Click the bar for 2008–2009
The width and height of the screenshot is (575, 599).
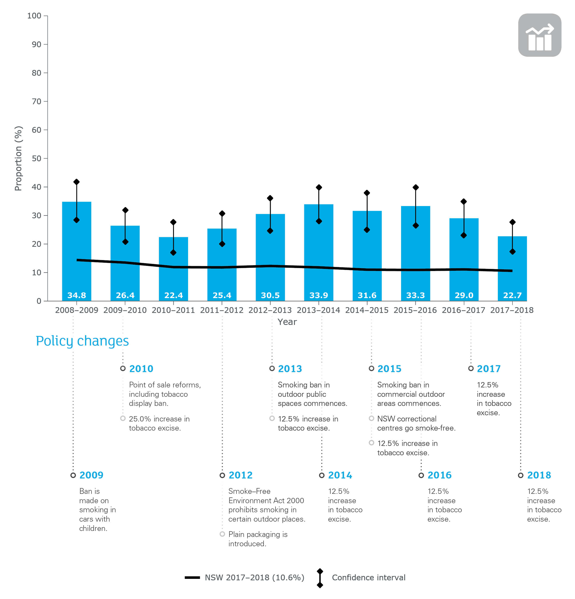click(76, 244)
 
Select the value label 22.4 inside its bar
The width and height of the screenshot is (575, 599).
click(173, 295)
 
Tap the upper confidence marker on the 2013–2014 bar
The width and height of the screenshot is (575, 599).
click(319, 187)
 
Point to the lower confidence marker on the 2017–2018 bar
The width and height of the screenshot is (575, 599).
click(512, 252)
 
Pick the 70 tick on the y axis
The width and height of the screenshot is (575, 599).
click(36, 101)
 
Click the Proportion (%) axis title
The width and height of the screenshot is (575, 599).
click(18, 158)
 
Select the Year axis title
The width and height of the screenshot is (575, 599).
click(287, 322)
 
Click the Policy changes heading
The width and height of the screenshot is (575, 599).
click(82, 341)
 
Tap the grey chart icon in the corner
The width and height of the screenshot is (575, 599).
click(540, 35)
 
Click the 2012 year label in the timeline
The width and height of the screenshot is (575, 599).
click(241, 475)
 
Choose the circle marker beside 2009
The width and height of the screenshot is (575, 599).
click(73, 475)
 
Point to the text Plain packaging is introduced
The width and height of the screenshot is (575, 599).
click(258, 539)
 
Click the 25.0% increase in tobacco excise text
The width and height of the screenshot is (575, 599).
click(159, 423)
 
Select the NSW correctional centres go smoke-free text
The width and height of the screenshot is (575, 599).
click(416, 423)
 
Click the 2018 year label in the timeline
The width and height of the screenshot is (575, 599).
click(539, 475)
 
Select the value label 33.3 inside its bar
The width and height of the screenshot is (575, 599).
click(415, 295)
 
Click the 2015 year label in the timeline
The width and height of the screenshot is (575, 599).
click(389, 369)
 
